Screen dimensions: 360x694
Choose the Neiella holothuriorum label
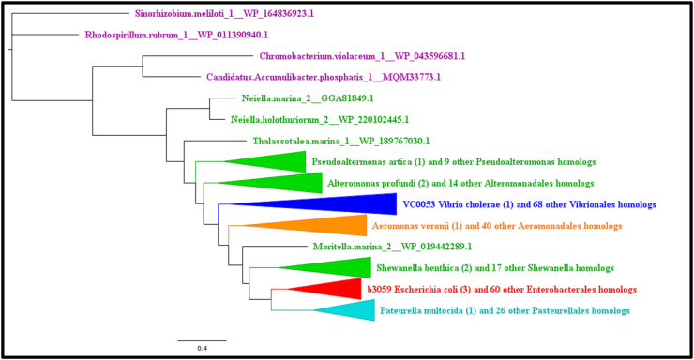[x=320, y=119]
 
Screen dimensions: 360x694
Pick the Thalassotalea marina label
[x=341, y=141]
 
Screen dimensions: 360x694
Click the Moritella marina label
[x=327, y=247]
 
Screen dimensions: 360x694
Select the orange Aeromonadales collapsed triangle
[x=319, y=226]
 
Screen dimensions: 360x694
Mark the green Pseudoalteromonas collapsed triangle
[x=272, y=162]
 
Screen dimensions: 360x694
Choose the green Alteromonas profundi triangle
[x=272, y=183]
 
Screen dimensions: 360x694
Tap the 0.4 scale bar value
[x=201, y=348]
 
